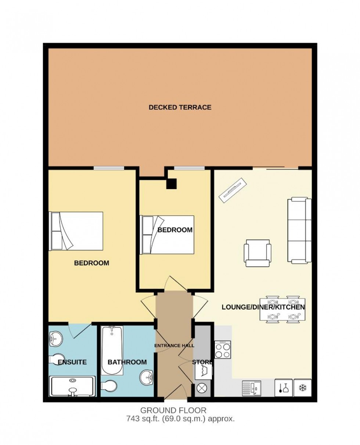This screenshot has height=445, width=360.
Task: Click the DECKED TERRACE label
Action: [x=180, y=108]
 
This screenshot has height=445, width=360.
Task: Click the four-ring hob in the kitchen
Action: [x=223, y=350]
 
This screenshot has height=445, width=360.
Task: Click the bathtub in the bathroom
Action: [x=112, y=340]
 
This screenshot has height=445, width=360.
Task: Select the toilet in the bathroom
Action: [x=109, y=385]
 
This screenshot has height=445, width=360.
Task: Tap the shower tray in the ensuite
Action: [x=73, y=386]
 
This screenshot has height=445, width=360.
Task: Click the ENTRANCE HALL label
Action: [x=174, y=345]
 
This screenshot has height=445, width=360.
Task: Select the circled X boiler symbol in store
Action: [x=202, y=388]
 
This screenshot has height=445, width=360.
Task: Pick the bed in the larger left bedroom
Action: [x=76, y=231]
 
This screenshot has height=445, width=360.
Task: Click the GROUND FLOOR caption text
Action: [x=173, y=410]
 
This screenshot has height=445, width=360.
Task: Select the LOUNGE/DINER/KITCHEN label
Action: [x=263, y=307]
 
